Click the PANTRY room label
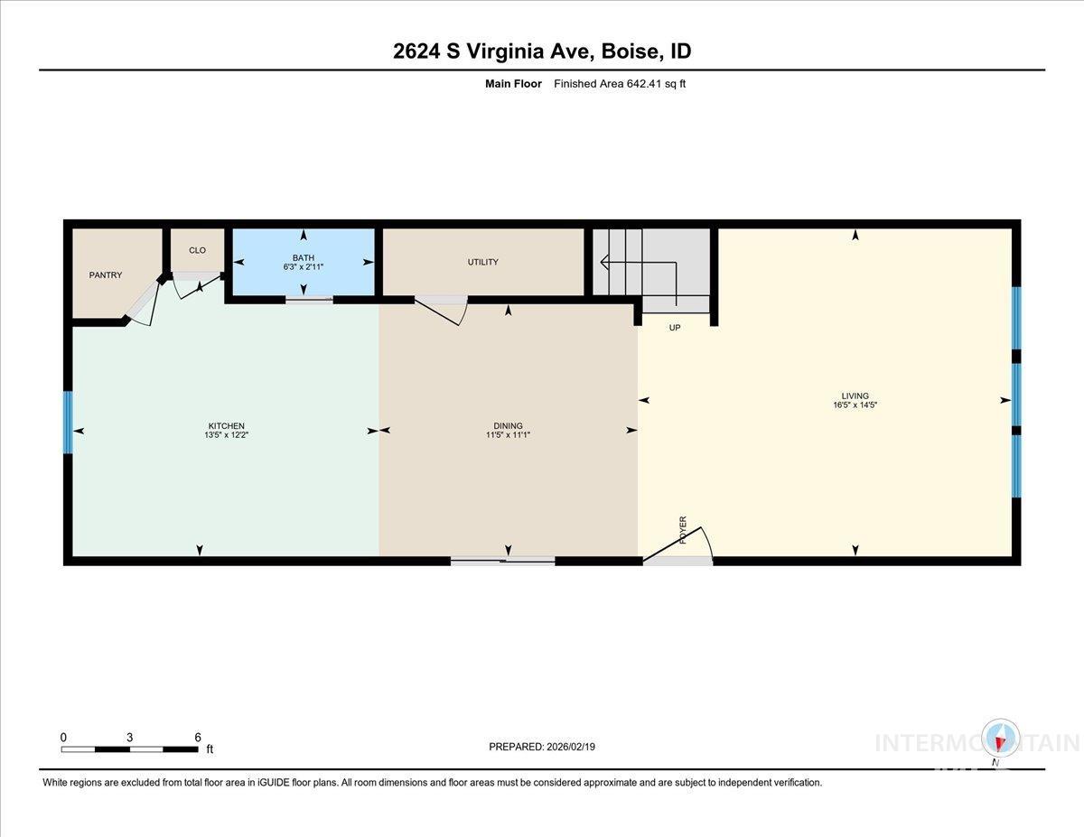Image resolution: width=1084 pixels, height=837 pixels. [105, 275]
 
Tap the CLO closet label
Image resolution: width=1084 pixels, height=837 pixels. [197, 250]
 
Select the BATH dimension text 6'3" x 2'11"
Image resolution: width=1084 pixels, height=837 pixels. [303, 267]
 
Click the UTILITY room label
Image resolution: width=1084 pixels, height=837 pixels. [482, 262]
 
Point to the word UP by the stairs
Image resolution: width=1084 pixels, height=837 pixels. [674, 328]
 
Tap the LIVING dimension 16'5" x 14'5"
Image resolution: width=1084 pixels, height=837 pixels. [855, 405]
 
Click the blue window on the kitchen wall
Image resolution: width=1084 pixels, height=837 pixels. [67, 422]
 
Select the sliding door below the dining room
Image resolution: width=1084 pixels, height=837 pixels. [502, 561]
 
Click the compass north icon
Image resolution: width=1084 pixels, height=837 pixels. [1000, 739]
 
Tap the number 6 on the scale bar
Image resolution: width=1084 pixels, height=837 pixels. [198, 737]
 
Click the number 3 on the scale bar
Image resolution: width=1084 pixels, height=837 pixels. [130, 737]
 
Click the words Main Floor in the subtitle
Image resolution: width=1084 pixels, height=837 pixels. [513, 84]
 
